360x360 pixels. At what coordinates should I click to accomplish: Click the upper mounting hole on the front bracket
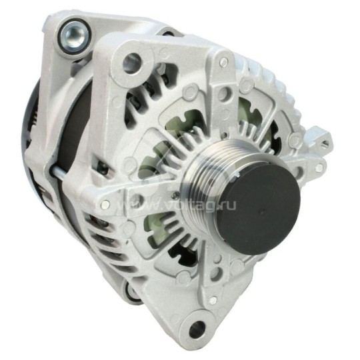[132, 63]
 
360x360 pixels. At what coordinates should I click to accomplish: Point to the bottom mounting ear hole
[197, 329]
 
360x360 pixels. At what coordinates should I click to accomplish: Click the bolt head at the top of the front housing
[223, 62]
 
